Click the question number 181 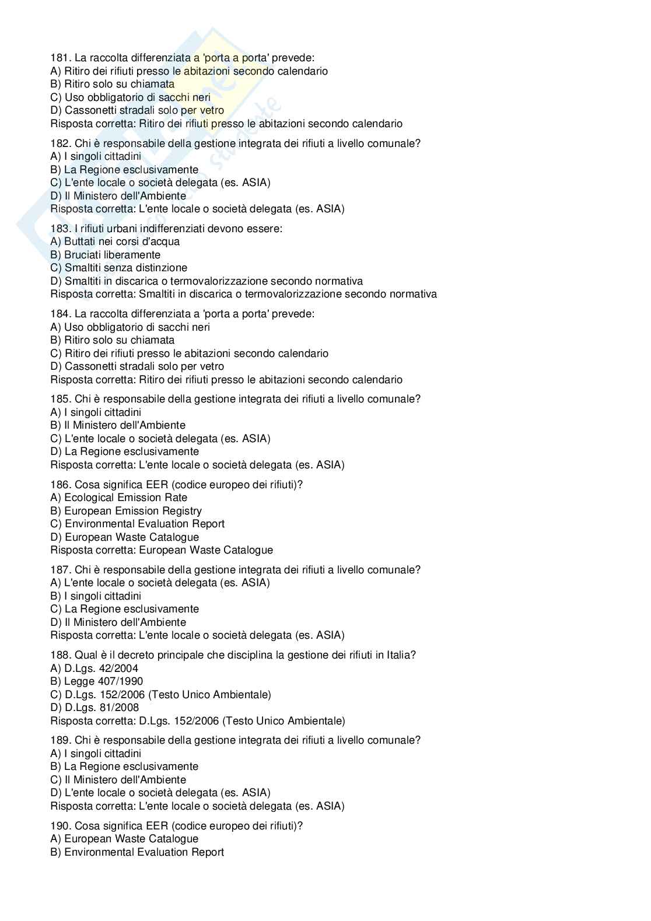pos(60,58)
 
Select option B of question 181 pos(112,84)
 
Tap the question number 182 pos(60,143)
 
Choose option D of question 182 pos(118,196)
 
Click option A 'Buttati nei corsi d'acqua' pos(115,241)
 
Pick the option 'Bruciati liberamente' pos(105,255)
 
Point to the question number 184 pos(60,314)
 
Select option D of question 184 pos(137,366)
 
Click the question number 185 pos(60,399)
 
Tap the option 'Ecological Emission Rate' pos(119,498)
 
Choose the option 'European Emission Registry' pos(126,511)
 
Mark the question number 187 pos(60,570)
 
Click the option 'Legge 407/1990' pos(96,681)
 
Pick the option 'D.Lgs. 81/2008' pos(94,708)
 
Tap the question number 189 pos(60,740)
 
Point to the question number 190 pos(60,826)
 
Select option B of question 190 pos(137,852)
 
